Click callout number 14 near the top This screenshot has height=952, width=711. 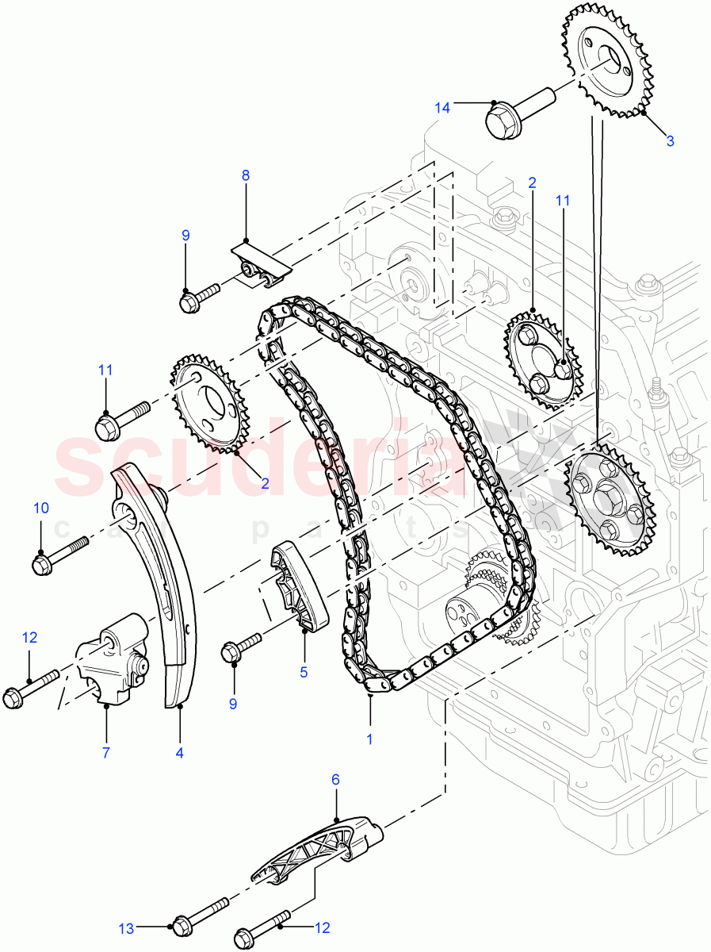coord(442,107)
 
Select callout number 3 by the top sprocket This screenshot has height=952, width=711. coord(670,141)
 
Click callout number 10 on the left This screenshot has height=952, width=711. coord(40,509)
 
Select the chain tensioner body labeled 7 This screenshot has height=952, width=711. coord(113,658)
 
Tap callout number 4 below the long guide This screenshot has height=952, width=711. coord(180,752)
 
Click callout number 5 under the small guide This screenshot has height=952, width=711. coord(304,671)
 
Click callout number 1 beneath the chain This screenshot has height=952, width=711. coord(369,739)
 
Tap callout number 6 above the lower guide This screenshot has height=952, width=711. coord(335,780)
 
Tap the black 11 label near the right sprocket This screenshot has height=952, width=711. coord(563,202)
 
